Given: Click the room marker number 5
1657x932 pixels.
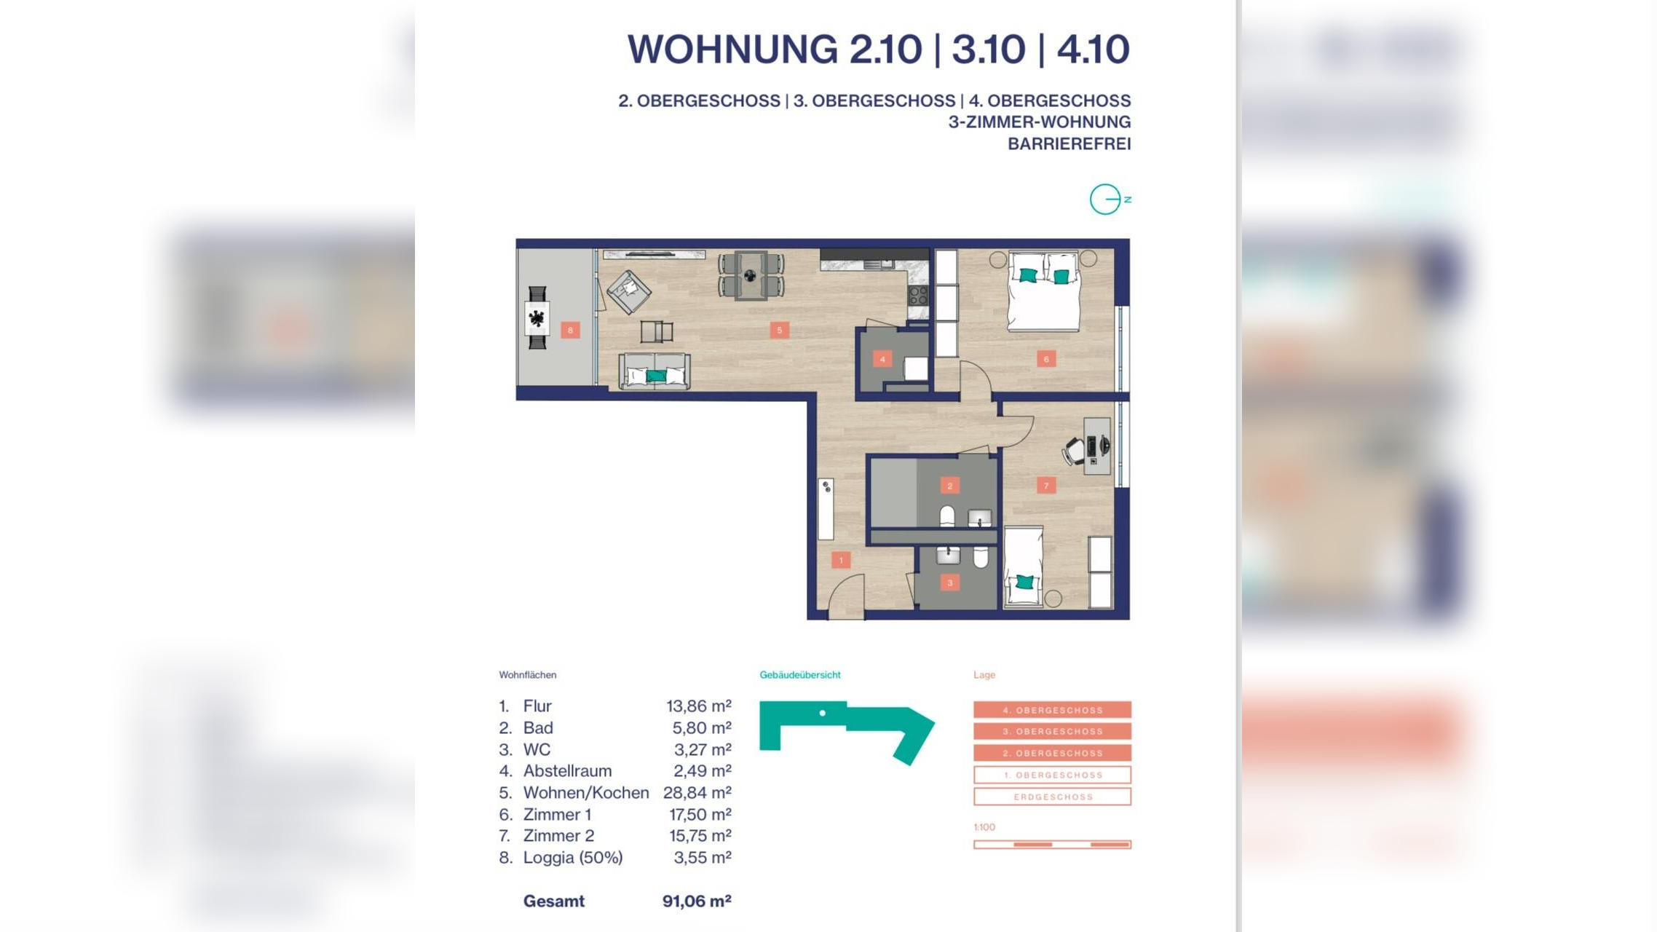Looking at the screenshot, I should [779, 330].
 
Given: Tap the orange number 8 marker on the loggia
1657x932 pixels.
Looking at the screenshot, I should [570, 330].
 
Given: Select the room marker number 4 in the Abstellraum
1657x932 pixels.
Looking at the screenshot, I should [882, 358].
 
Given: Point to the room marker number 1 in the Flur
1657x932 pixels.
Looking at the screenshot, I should [841, 560].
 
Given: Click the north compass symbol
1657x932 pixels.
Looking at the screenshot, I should [1106, 199].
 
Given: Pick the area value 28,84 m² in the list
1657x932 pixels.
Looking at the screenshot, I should [697, 792].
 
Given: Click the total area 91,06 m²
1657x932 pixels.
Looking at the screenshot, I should [696, 901].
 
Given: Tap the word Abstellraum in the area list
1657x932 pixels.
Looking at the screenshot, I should [567, 770].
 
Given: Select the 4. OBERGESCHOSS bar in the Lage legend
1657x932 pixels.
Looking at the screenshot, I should [1052, 709].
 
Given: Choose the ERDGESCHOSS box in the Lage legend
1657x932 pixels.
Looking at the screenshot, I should [1052, 797].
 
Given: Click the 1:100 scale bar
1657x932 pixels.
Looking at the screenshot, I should [1052, 845].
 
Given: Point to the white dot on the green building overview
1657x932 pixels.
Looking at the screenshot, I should [823, 713].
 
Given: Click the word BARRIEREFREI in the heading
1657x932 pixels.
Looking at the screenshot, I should [1069, 144].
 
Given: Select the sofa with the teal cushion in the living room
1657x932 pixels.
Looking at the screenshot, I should [654, 371].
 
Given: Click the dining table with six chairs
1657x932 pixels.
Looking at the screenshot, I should [751, 275].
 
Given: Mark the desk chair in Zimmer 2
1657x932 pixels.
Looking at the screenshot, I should [1075, 451].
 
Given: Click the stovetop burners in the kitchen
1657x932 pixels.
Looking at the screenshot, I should [918, 295].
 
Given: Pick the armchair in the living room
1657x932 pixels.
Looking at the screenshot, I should [628, 291].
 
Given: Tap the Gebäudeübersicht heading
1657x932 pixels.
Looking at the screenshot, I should [799, 675].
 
